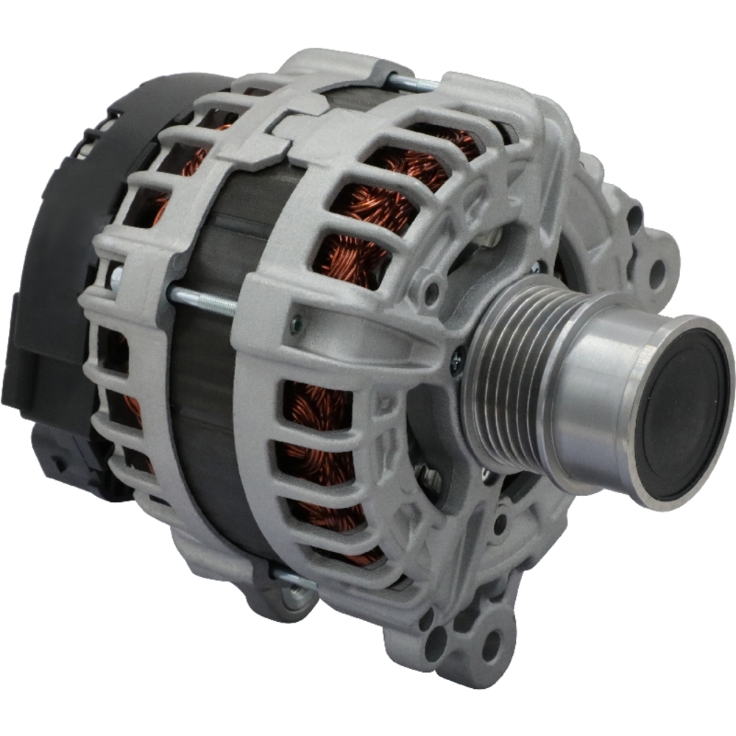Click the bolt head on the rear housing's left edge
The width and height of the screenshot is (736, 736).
116,277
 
